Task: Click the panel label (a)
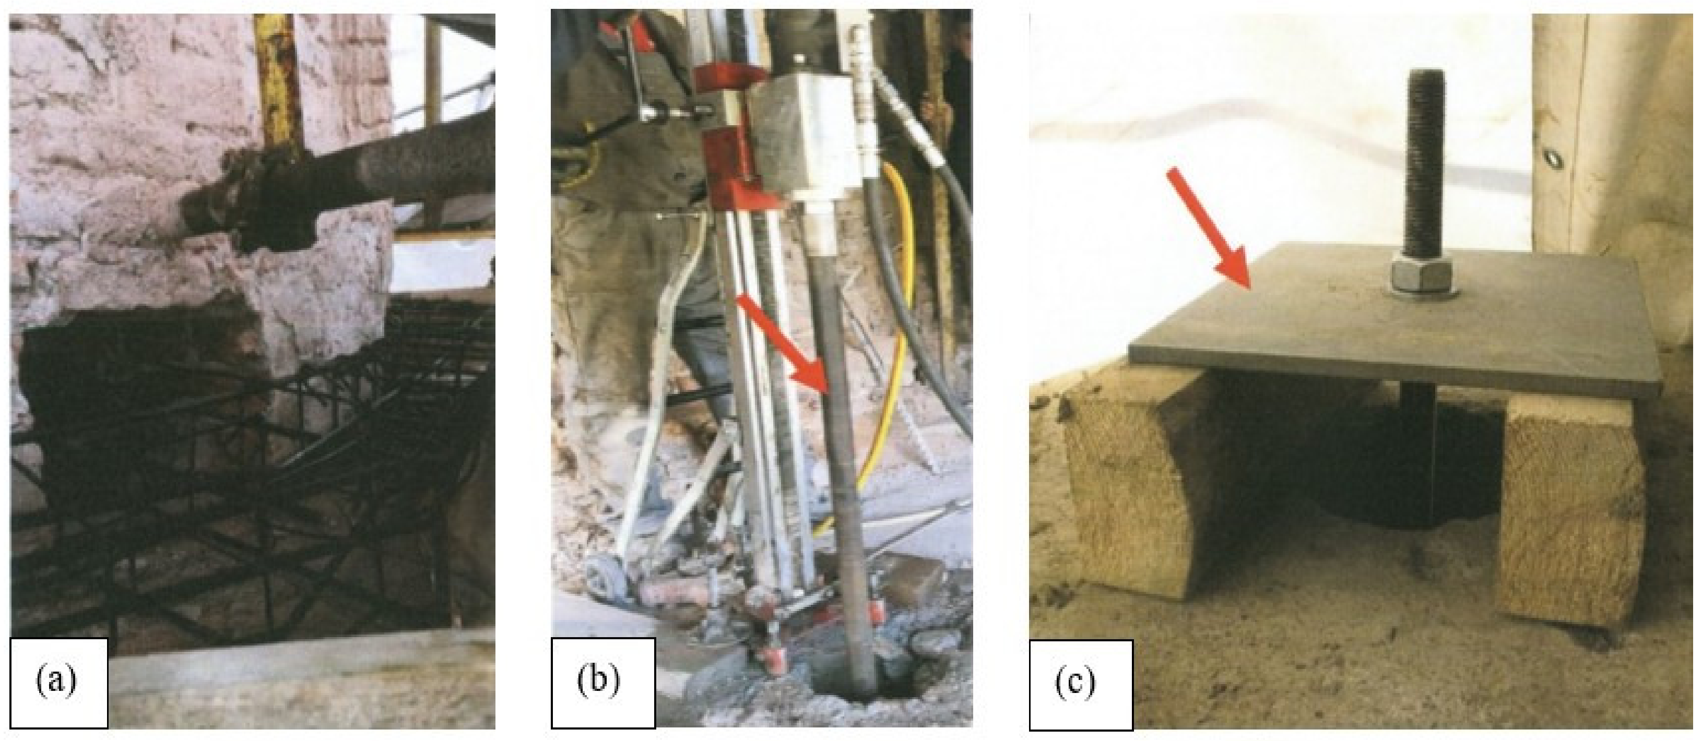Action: (x=56, y=680)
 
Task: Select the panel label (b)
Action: (x=599, y=680)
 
